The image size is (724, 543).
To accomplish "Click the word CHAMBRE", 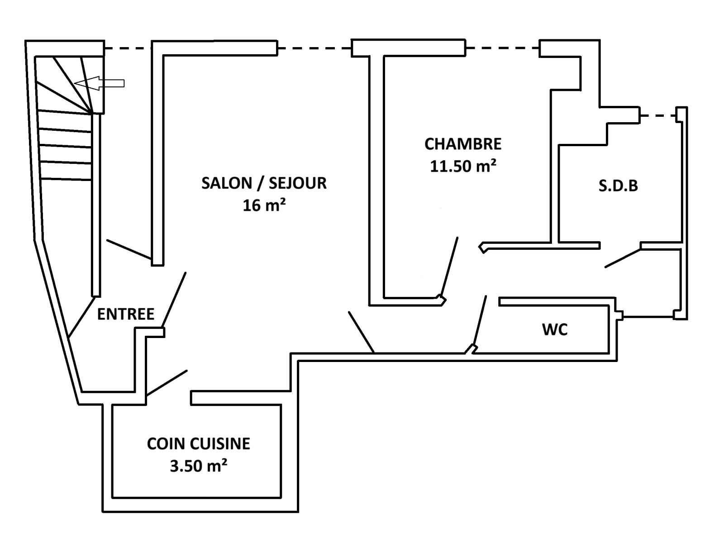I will pos(463,144).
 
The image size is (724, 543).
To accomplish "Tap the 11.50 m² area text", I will pos(463,166).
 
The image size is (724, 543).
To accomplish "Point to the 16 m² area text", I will pos(264,206).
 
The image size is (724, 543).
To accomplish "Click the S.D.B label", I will pos(618,186).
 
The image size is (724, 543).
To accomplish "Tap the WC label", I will pos(555,330).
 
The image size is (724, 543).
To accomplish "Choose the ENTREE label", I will pos(126,314).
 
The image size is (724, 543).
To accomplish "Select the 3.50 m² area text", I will pos(198,466).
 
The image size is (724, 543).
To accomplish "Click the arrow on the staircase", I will pos(99,83).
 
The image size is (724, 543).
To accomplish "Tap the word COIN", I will pos(166,443).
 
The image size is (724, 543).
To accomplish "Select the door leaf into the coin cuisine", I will pos(167,383).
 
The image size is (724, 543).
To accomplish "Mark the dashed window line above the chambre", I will pos(502,48).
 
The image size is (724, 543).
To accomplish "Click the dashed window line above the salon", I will pos(314,48).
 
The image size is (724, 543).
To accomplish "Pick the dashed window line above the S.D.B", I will pos(658,116).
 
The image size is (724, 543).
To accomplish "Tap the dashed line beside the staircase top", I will pos(128,48).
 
